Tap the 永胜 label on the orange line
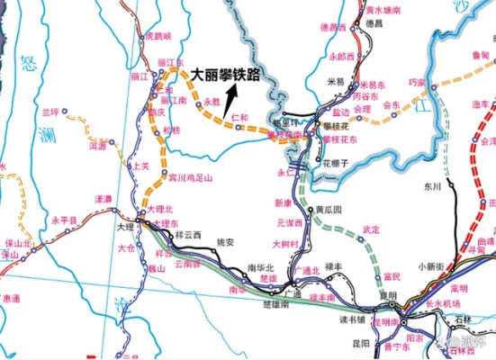[x=212, y=103]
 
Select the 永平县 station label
[x=65, y=220]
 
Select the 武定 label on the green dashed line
[x=371, y=229]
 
